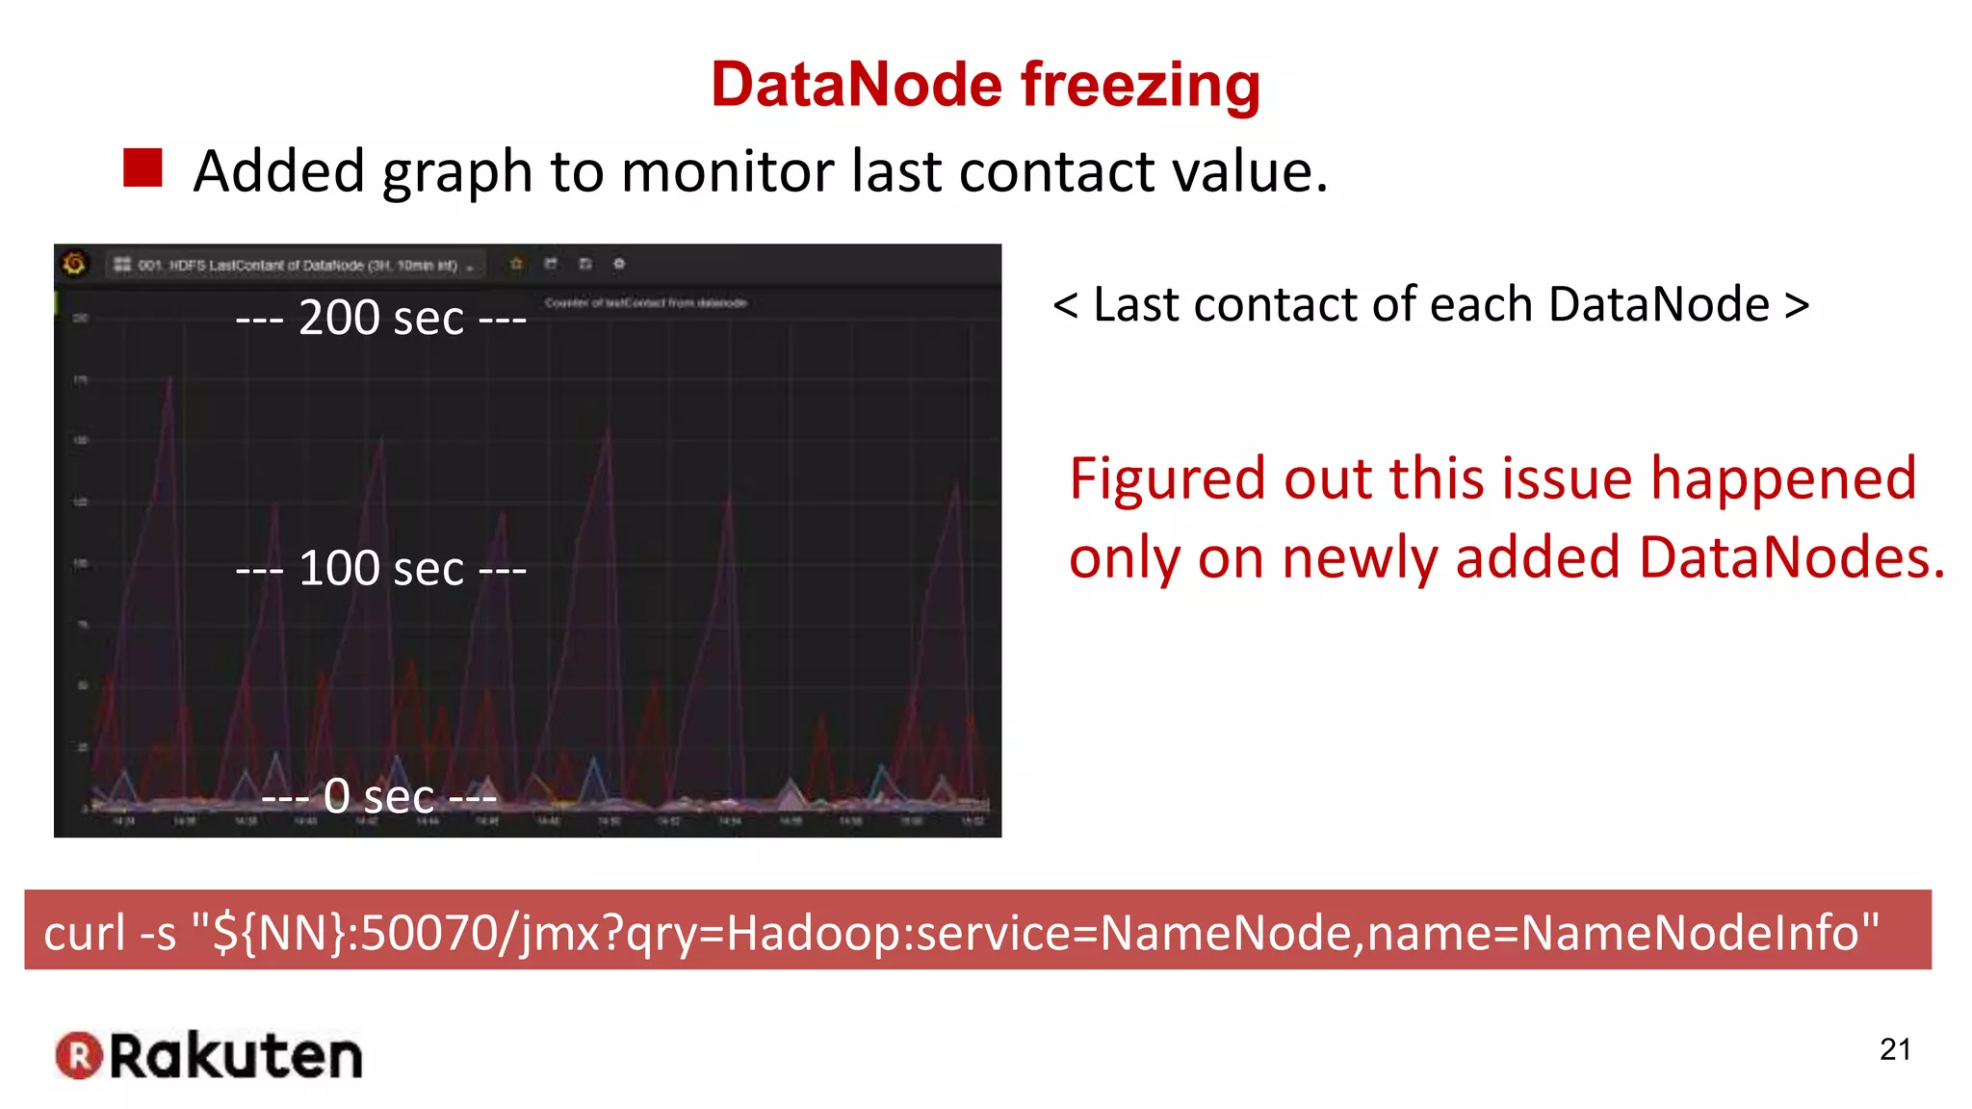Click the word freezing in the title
pos(1140,85)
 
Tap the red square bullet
pos(143,168)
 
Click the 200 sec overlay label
pos(381,318)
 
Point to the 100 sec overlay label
pos(381,568)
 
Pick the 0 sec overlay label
pos(379,796)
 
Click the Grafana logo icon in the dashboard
pos(74,263)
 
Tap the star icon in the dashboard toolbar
pos(516,264)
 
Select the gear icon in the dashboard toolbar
pos(619,264)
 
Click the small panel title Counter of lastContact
pos(645,302)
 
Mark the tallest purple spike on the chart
pos(170,379)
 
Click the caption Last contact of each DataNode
pos(1431,304)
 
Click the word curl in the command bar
pos(85,932)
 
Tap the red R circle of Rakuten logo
pos(79,1055)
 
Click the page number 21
pos(1894,1048)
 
